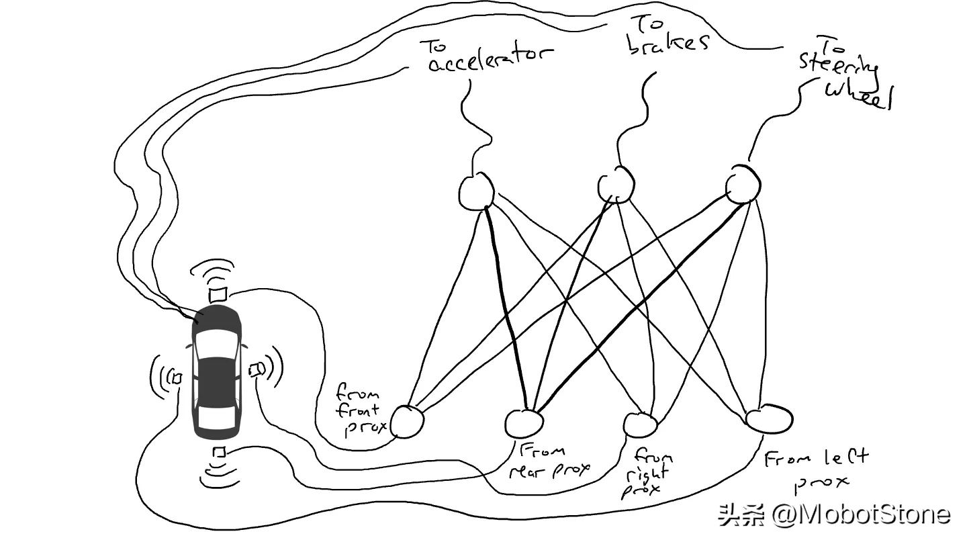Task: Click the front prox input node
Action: pyautogui.click(x=407, y=422)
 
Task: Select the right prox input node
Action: pyautogui.click(x=639, y=424)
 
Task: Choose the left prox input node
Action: pyautogui.click(x=768, y=419)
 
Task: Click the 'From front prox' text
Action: pyautogui.click(x=359, y=409)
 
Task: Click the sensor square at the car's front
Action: pyautogui.click(x=217, y=295)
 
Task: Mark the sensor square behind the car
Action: pyautogui.click(x=218, y=453)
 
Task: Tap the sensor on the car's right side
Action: pyautogui.click(x=257, y=369)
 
